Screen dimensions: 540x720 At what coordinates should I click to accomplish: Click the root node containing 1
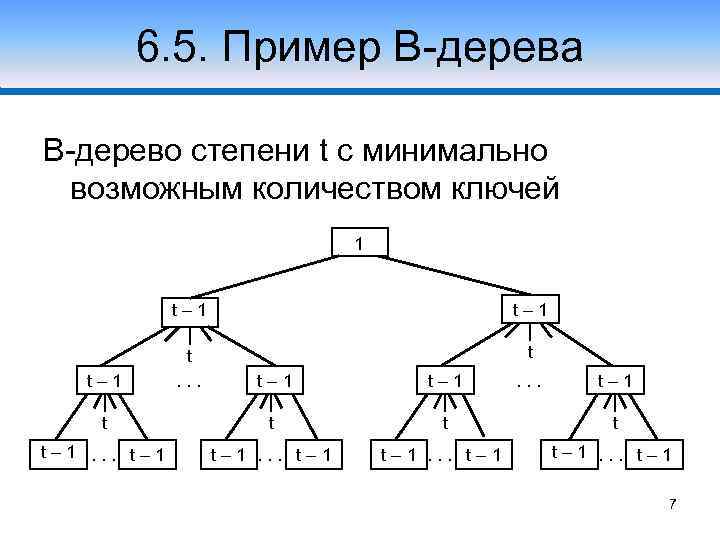[359, 243]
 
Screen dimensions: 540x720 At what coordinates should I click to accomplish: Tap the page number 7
[673, 503]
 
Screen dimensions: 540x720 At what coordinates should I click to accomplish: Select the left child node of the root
[188, 309]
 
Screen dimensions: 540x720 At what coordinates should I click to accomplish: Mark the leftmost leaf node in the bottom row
[55, 451]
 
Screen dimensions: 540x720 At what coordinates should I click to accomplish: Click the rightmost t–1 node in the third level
[620, 380]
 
